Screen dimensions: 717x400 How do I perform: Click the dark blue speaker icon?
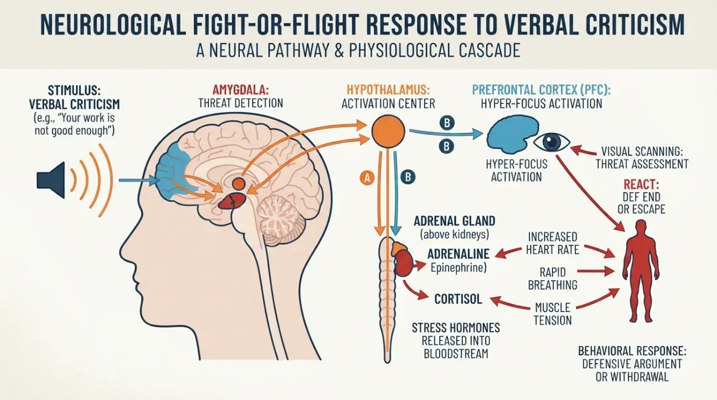(51, 180)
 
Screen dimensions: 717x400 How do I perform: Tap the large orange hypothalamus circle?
(388, 131)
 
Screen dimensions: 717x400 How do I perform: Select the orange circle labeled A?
(367, 178)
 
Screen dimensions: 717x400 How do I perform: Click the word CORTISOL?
(458, 299)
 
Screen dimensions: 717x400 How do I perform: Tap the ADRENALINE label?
(458, 254)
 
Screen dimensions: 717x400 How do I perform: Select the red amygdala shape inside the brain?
(232, 201)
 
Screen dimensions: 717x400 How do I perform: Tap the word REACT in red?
(641, 184)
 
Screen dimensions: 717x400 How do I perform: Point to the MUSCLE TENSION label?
(553, 314)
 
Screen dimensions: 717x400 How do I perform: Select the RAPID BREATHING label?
(552, 278)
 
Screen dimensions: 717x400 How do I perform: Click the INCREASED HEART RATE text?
(552, 243)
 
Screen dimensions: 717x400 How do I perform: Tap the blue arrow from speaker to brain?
(139, 180)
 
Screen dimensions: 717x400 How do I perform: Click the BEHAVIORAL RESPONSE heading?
(632, 351)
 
